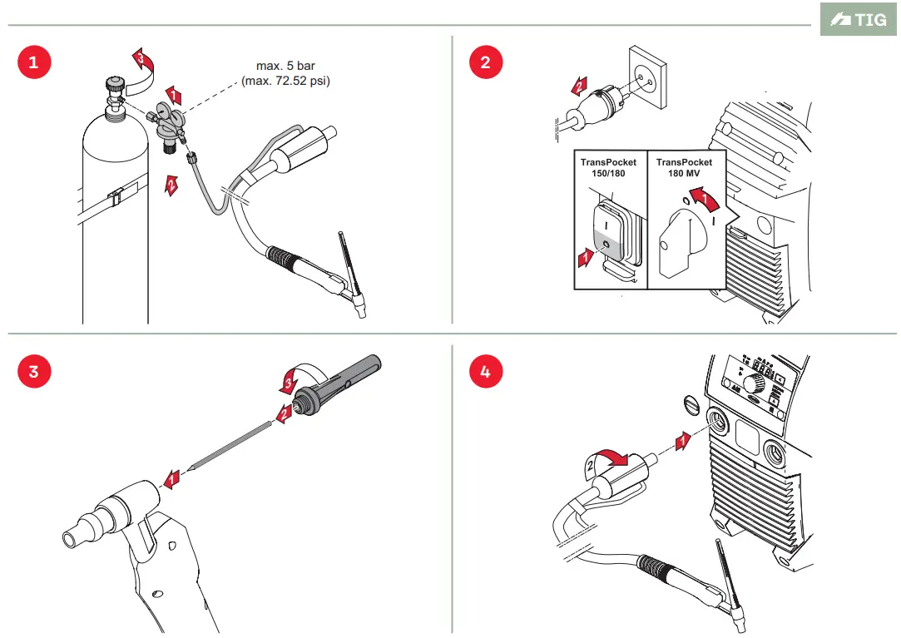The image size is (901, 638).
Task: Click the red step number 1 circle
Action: point(33,62)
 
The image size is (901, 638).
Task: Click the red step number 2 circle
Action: point(486,62)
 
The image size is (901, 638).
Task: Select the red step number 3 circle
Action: point(33,371)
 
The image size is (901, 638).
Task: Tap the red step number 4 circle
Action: point(486,371)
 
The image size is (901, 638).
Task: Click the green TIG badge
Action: point(859,19)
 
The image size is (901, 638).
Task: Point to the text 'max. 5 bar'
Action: point(285,66)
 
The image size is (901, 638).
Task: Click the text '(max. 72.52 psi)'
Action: point(285,81)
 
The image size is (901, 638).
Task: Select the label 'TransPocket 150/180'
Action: point(608,167)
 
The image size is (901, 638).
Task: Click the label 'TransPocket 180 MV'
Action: point(684,167)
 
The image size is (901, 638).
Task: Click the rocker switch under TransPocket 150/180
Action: point(607,235)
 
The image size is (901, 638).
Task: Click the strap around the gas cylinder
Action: point(115,200)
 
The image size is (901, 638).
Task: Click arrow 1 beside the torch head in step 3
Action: point(171,477)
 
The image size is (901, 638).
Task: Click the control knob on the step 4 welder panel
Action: point(755,383)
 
